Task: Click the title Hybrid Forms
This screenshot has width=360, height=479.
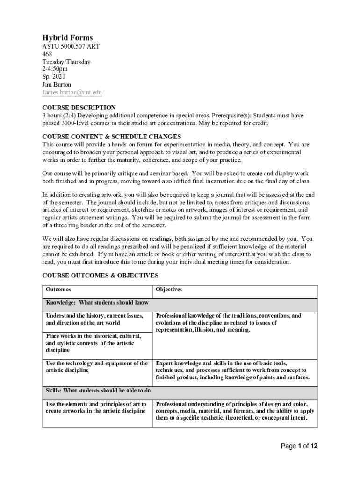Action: click(x=67, y=37)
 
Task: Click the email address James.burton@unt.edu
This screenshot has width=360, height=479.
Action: click(x=72, y=93)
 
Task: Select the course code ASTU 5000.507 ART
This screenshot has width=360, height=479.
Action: click(x=71, y=47)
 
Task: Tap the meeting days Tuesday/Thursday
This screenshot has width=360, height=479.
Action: click(x=66, y=62)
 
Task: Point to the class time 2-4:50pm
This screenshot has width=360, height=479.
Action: click(x=55, y=69)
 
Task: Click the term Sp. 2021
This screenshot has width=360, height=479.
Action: click(x=54, y=77)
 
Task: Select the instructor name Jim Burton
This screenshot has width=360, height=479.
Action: click(x=57, y=85)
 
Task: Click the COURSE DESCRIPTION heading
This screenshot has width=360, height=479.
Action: click(x=79, y=108)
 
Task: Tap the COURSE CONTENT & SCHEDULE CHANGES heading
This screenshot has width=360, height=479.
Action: click(x=111, y=137)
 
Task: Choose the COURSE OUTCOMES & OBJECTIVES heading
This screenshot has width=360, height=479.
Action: click(x=101, y=276)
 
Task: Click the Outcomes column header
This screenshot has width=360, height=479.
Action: click(x=58, y=290)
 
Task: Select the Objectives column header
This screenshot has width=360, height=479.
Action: click(x=169, y=290)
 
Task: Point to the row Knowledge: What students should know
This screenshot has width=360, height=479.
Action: click(x=97, y=303)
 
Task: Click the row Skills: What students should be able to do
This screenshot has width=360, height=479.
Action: click(x=98, y=390)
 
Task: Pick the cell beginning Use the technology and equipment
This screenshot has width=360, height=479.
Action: click(x=96, y=367)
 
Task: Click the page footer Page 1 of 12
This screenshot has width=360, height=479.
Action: click(x=299, y=446)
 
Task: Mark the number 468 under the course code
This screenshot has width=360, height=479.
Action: click(x=48, y=54)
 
